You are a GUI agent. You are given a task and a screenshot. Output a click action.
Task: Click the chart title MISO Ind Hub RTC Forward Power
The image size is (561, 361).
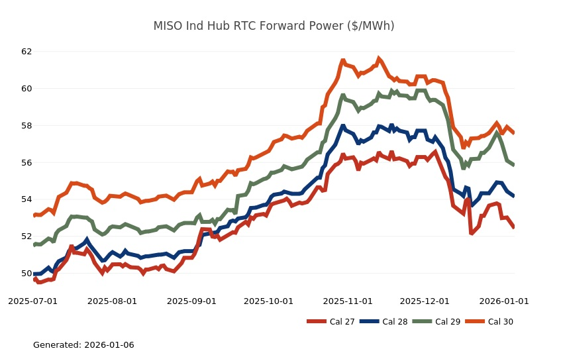pyautogui.click(x=274, y=26)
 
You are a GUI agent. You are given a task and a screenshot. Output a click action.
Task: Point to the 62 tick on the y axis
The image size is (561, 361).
pyautogui.click(x=26, y=51)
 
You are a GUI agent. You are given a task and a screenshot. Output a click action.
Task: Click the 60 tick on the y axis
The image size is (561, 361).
pyautogui.click(x=26, y=88)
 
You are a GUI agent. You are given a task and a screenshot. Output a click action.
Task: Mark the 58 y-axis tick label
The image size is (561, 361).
pyautogui.click(x=26, y=125)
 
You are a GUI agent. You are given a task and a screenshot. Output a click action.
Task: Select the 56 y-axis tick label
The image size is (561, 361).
pyautogui.click(x=26, y=162)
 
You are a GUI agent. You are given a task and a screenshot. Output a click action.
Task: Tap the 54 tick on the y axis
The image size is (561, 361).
pyautogui.click(x=26, y=199)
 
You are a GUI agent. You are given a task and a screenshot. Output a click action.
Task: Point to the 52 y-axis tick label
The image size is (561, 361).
pyautogui.click(x=26, y=236)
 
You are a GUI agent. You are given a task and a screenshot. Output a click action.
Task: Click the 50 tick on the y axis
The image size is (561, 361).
pyautogui.click(x=26, y=274)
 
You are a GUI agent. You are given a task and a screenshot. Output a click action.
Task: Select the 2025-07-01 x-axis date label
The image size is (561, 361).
pyautogui.click(x=32, y=301)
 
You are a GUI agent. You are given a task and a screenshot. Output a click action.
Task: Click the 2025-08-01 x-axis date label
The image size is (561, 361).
pyautogui.click(x=112, y=301)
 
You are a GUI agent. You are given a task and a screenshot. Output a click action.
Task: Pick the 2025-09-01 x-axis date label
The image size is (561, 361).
pyautogui.click(x=191, y=301)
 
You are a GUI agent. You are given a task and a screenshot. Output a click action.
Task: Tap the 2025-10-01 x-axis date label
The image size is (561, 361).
pyautogui.click(x=268, y=301)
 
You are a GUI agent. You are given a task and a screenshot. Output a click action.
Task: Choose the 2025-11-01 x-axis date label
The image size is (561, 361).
pyautogui.click(x=348, y=301)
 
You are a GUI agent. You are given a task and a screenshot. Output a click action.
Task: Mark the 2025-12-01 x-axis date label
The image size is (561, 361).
pyautogui.click(x=425, y=301)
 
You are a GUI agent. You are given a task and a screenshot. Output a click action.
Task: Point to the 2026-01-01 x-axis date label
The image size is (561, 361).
pyautogui.click(x=504, y=301)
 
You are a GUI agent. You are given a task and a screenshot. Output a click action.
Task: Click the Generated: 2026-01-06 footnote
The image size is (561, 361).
pyautogui.click(x=83, y=345)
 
